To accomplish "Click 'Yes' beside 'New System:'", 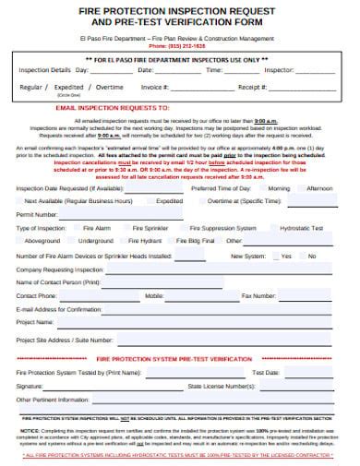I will click(285, 256).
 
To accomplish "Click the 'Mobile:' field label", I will click(154, 296).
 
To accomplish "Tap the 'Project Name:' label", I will click(36, 323).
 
